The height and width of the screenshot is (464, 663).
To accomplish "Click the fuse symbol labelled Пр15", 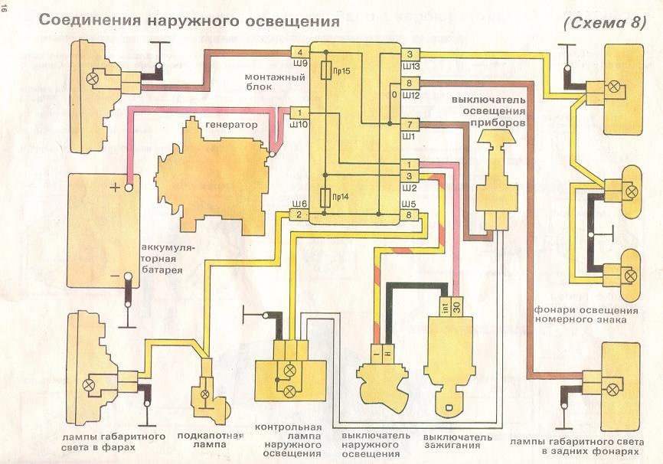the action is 326,70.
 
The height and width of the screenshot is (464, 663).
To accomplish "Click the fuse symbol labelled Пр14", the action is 325,198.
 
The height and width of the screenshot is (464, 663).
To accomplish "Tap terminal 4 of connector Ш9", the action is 300,53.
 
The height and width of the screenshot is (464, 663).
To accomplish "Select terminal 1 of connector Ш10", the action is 300,113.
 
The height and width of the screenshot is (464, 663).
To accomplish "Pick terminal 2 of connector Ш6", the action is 299,214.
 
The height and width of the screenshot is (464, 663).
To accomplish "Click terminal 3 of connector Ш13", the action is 410,54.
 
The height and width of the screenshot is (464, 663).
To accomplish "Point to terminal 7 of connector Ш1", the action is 410,125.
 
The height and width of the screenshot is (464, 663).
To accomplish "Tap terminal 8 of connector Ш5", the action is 409,215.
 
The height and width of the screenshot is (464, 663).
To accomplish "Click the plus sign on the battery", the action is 115,187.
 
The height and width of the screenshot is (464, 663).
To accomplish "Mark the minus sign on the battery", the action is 115,276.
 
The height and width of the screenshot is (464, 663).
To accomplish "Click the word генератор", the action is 231,125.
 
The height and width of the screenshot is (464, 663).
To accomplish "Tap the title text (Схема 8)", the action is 605,22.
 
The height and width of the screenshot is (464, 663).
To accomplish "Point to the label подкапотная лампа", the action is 210,440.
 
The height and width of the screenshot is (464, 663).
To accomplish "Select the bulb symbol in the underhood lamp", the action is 205,394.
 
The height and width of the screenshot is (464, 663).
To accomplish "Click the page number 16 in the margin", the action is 5,12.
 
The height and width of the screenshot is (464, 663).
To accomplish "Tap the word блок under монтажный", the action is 258,87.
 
